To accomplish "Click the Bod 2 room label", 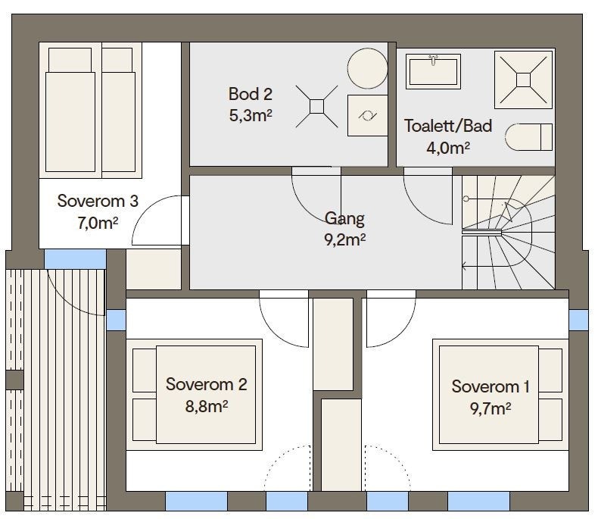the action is tap(251, 94).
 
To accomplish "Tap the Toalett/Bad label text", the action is tap(448, 126).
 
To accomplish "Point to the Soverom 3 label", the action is tap(98, 201).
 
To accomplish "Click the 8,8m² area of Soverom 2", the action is tap(207, 406).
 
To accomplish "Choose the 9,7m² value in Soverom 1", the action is tap(491, 408).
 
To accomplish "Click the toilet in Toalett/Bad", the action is tap(528, 136).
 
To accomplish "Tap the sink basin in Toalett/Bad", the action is tap(433, 71).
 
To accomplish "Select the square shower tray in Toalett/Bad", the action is tap(523, 80).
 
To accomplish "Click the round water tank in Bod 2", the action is tap(367, 68).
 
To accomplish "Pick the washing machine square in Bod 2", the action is tap(367, 115).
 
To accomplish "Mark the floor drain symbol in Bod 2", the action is tap(316, 107).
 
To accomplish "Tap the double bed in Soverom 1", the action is tap(500, 395).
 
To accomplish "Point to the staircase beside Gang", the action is tap(509, 232).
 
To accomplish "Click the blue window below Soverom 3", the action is tap(75, 259).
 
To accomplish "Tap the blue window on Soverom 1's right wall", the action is tap(578, 320).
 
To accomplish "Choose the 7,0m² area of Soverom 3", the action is tap(98, 223).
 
